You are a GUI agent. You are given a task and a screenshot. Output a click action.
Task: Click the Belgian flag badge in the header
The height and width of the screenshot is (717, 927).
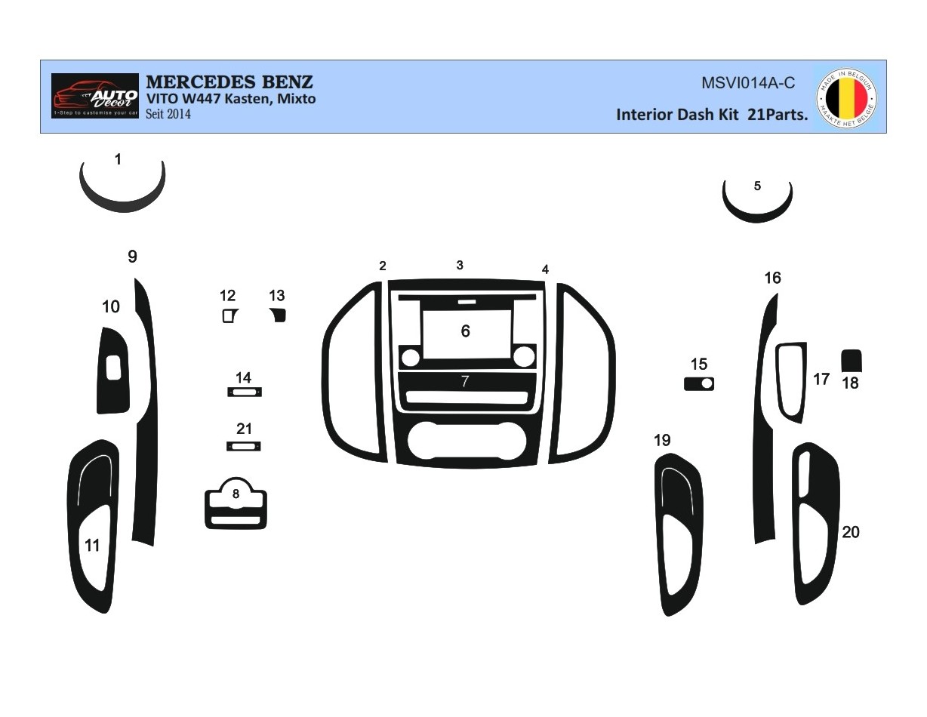click(847, 97)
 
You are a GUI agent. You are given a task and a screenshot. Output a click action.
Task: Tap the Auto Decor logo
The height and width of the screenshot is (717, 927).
click(95, 96)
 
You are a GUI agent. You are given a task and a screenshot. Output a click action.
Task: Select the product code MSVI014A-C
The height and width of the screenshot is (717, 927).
click(748, 84)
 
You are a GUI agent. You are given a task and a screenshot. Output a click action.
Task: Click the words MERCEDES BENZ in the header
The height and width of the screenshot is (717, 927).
click(229, 82)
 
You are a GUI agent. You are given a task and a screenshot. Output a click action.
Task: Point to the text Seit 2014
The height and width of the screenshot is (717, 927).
click(168, 115)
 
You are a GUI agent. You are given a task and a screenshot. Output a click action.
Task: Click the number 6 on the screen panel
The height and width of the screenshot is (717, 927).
click(465, 331)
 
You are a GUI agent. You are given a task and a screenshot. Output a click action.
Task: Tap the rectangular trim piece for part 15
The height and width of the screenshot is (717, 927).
click(698, 384)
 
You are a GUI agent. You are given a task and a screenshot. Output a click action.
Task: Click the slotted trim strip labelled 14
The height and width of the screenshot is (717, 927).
click(244, 392)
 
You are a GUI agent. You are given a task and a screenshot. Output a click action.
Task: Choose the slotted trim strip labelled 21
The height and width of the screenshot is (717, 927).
click(244, 446)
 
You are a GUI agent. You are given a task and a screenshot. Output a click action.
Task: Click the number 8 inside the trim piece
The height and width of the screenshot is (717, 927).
click(236, 494)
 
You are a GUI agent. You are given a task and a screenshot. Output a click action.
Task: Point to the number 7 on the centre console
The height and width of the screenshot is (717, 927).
click(465, 381)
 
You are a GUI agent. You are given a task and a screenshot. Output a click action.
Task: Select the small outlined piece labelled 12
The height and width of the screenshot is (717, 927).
click(229, 315)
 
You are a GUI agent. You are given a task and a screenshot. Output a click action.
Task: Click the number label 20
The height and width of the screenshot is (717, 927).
click(851, 532)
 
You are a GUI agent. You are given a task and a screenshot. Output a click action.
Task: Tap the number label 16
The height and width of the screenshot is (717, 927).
click(772, 278)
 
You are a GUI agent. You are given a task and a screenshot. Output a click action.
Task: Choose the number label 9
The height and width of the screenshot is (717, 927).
click(132, 257)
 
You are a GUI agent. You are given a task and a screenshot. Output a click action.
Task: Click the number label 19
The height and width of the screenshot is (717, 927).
click(662, 440)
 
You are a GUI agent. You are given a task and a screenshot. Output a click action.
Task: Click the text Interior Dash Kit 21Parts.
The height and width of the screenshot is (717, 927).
click(712, 115)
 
